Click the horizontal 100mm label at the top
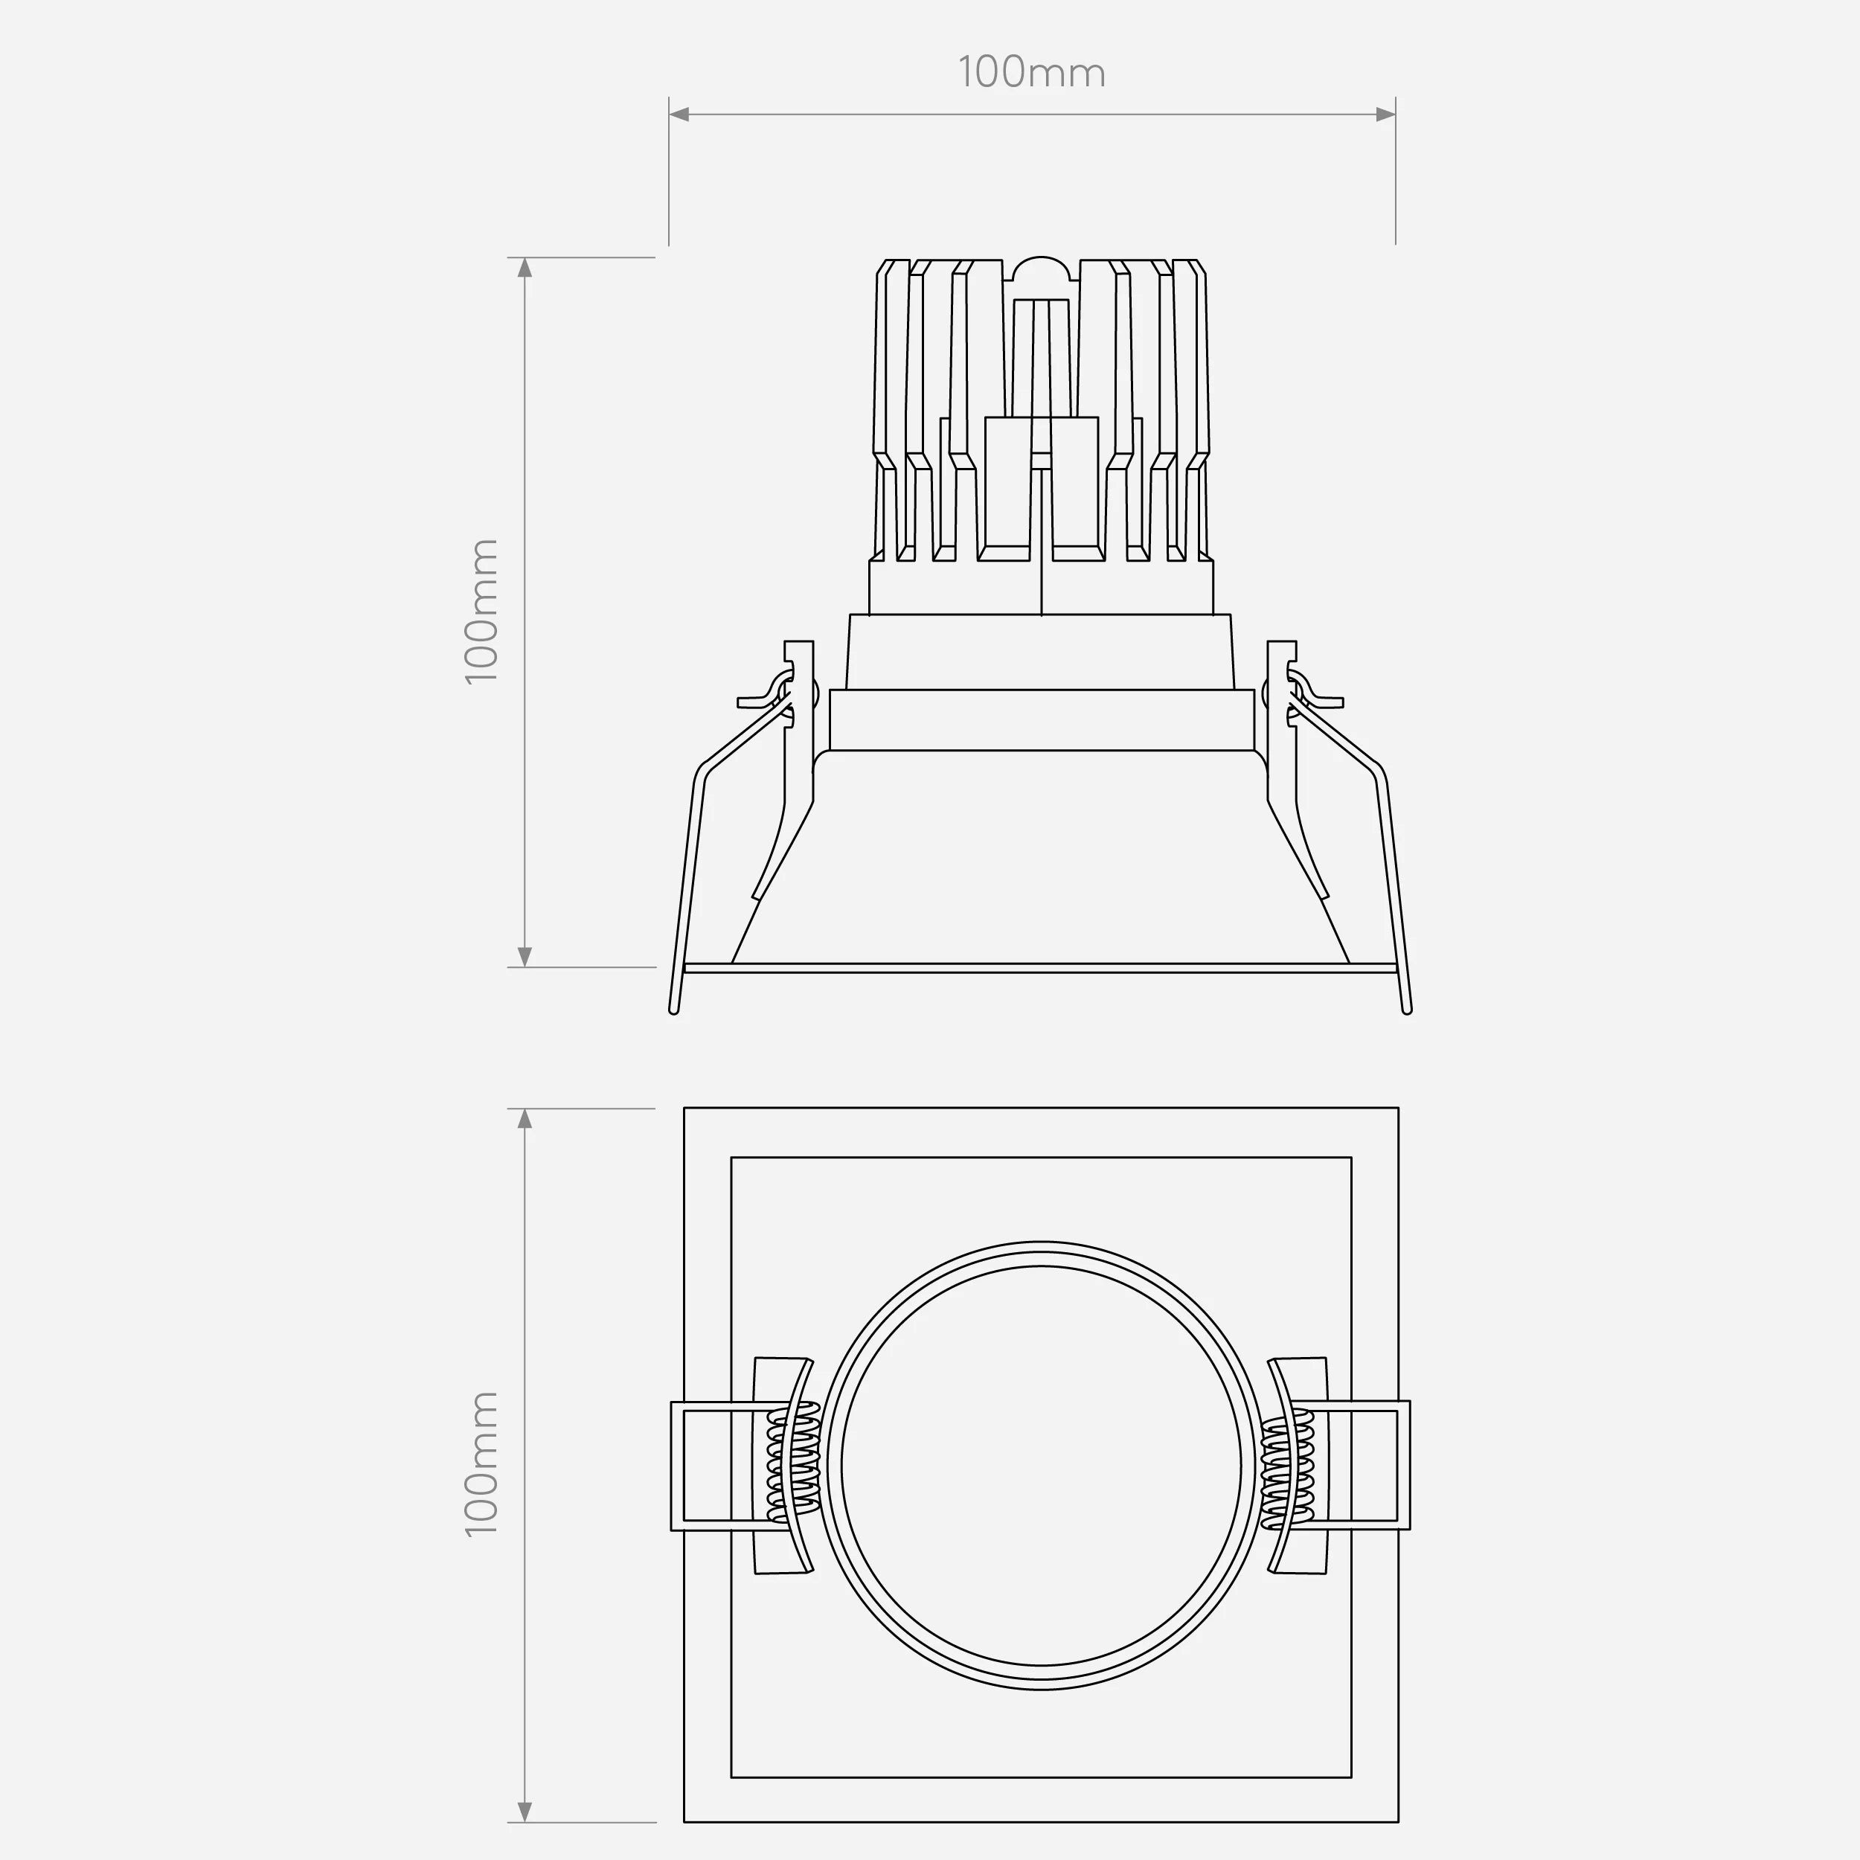1031,73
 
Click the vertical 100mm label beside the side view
481,612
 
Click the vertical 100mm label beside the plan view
481,1464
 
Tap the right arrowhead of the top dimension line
1385,115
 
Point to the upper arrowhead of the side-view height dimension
525,269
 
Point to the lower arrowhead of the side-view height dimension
525,956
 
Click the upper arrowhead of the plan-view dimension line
525,1120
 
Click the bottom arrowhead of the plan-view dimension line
525,1811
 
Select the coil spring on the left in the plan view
793,1464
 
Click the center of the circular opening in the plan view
1041,1465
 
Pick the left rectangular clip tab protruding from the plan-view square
713,1465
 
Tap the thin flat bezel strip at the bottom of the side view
1041,967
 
